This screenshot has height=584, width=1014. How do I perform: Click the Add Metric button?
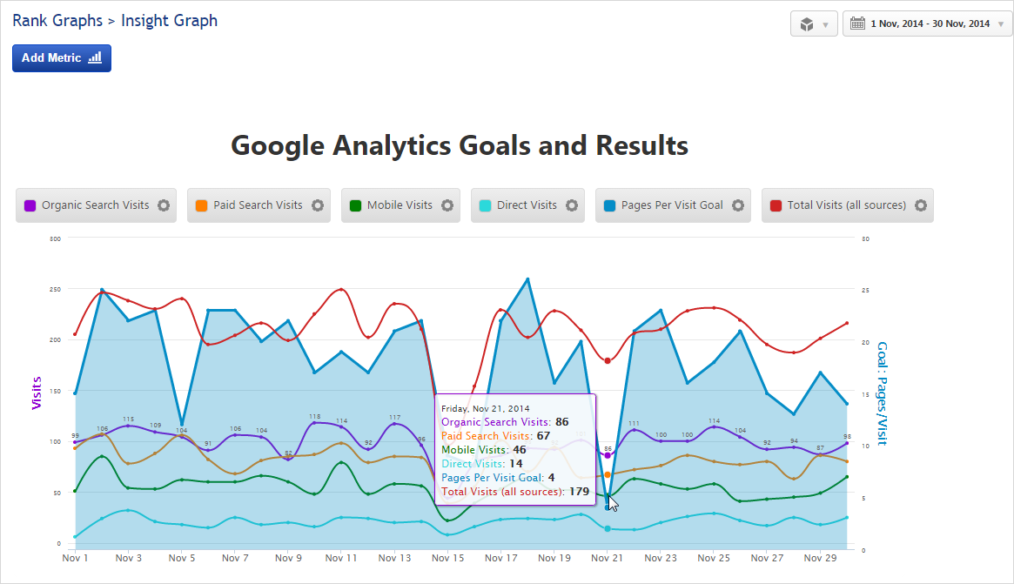62,58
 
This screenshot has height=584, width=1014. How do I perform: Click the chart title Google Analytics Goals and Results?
460,145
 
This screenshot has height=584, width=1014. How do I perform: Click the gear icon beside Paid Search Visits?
318,205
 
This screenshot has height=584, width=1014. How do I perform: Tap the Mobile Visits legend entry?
399,205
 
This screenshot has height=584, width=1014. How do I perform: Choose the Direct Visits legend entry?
526,205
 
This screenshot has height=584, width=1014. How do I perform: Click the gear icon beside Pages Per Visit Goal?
738,205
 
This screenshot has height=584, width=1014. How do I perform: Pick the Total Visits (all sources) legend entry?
846,205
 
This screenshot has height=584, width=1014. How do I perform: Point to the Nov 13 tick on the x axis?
395,558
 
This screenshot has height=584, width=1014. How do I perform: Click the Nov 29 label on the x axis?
819,558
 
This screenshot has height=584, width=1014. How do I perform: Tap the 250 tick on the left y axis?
56,289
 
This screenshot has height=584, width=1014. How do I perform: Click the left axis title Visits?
37,392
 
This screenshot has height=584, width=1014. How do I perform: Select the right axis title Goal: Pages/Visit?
882,393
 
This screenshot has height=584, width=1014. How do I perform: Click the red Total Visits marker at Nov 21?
608,360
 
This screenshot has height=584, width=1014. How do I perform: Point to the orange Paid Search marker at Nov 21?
608,474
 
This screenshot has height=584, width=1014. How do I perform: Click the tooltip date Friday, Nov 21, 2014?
485,407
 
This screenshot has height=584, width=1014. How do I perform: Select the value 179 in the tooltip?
579,492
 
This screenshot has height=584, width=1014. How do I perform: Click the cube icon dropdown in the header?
814,24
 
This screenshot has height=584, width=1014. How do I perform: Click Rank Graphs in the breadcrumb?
56,20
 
